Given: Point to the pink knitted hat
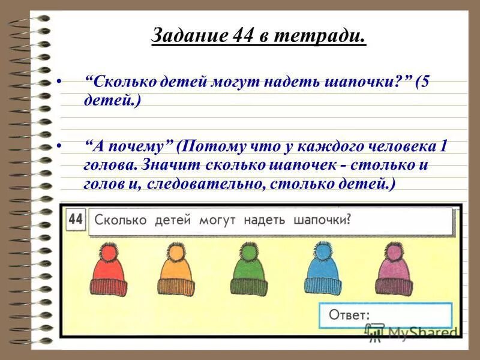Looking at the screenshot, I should coord(394,272).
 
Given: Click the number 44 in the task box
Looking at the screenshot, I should coord(75,219).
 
